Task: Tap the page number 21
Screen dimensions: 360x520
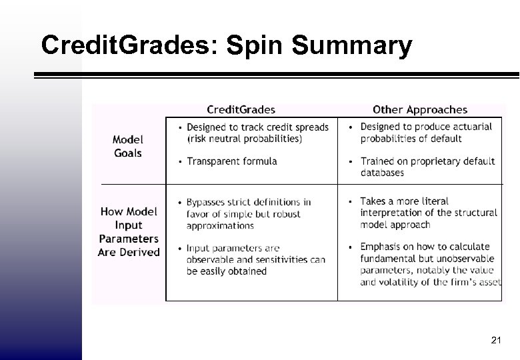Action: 495,341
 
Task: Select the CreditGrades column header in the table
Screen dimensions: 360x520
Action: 241,109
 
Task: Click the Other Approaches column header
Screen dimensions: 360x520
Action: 420,109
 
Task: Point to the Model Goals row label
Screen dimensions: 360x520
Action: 127,146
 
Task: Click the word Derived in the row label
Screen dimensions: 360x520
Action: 139,252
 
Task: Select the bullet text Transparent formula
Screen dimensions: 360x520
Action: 232,161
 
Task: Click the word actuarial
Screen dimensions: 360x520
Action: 469,127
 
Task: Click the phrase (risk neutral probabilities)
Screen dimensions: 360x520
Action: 245,139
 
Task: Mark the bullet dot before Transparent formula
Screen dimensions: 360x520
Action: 179,161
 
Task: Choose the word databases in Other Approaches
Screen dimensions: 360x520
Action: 382,173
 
